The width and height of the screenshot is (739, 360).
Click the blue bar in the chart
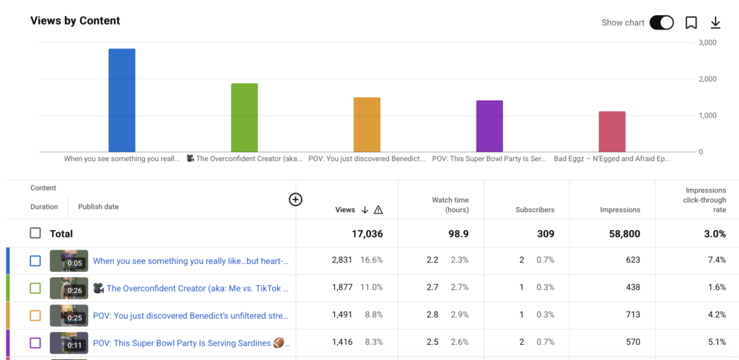pos(121,100)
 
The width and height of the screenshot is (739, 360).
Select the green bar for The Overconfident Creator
pos(244,118)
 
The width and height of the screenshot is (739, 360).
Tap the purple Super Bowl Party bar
pos(489,126)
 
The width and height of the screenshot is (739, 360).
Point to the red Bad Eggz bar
pos(612,131)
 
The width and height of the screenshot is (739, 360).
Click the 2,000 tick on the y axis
pos(707,79)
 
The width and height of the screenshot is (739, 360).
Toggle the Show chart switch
pos(661,22)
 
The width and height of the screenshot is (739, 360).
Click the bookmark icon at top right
pos(691,22)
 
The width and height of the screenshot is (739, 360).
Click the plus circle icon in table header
pos(295,200)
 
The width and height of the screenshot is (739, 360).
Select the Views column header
pos(345,210)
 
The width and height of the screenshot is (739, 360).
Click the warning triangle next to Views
pos(378,210)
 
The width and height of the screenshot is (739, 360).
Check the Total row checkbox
pos(35,233)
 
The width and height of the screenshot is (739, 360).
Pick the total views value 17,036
pos(367,234)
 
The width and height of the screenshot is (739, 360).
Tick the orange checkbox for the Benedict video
pos(35,315)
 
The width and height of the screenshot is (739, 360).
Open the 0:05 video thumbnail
pos(69,260)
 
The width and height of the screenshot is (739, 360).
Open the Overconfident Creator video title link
pos(198,288)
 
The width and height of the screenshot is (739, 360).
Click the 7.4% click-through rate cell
pos(717,260)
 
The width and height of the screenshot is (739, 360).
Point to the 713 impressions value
pos(633,315)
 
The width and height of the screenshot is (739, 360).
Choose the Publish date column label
pos(98,207)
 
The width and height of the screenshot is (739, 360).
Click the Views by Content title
pos(75,21)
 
